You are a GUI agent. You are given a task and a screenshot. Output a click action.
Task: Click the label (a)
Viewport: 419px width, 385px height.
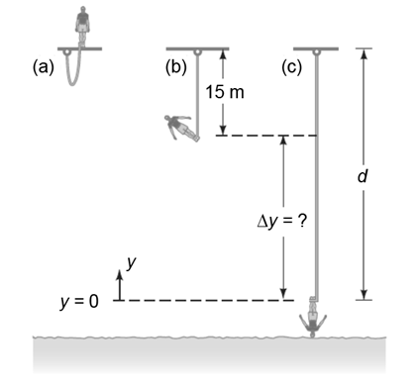pos(43,67)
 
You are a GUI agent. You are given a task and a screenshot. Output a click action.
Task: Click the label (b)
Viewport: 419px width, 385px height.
pos(175,67)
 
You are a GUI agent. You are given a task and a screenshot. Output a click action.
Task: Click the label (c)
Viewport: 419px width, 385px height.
pos(292,67)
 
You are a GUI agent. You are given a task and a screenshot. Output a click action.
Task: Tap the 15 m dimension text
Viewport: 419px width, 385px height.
pos(225,92)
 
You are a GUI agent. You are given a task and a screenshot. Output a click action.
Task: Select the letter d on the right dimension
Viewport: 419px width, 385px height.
pos(363,176)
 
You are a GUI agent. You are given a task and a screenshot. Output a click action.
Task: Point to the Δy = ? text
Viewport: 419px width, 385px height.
pos(282,221)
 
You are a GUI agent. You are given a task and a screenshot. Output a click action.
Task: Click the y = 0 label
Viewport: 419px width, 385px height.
pos(79,301)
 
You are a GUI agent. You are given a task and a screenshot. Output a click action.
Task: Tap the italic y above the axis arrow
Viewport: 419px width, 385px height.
pos(132,262)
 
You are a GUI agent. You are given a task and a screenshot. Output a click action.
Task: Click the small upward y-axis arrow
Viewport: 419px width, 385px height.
pos(120,285)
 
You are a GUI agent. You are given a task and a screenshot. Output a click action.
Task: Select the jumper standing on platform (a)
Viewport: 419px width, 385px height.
pos(82,25)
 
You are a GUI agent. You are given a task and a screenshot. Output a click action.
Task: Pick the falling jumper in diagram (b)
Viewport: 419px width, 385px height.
pos(181,128)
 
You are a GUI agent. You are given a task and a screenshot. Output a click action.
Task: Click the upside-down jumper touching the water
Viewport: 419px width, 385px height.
pos(313,318)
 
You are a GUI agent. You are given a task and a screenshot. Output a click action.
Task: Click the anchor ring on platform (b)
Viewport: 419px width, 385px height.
pos(197,51)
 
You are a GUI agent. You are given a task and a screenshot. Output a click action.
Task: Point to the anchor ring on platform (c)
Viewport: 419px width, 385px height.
pos(316,51)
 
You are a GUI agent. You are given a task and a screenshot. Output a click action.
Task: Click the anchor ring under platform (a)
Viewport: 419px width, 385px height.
pos(67,51)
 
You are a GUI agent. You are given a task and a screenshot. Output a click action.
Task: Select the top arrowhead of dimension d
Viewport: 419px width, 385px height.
pos(364,53)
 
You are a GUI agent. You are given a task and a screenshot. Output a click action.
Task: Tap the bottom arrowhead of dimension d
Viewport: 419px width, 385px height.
pos(364,295)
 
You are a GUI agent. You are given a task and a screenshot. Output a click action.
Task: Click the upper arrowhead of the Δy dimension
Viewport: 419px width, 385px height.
pos(283,141)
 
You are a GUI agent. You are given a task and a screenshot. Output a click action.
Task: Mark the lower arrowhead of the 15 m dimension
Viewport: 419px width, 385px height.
pos(223,130)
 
